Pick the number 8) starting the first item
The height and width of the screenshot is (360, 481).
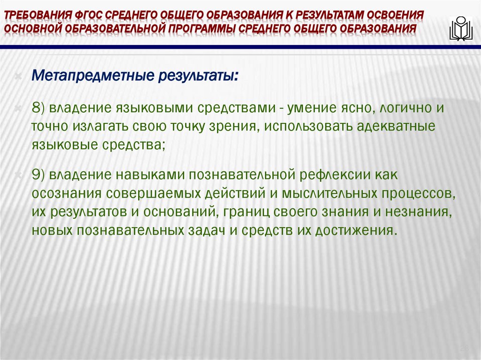coord(38,107)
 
